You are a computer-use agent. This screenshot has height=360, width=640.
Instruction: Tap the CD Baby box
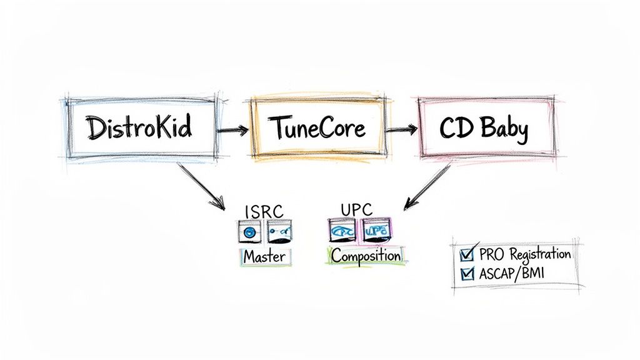(x=484, y=129)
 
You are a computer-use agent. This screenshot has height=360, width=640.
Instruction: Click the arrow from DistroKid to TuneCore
(x=232, y=131)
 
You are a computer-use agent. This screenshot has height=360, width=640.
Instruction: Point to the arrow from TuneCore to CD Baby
(x=401, y=130)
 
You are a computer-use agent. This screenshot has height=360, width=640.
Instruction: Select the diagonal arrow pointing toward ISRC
(x=201, y=186)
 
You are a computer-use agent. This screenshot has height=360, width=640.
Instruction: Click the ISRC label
(x=264, y=211)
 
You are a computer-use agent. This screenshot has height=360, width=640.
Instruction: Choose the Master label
(x=264, y=256)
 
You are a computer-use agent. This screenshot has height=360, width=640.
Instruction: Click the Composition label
(x=366, y=255)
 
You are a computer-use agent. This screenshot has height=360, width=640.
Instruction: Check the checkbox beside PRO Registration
(x=467, y=254)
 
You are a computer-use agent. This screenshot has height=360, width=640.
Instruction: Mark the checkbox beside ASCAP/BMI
(x=467, y=272)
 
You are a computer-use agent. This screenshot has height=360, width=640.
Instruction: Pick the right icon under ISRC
(x=278, y=232)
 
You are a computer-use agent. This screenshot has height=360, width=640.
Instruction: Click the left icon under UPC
(x=342, y=231)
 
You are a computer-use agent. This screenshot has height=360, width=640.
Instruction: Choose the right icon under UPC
(x=376, y=230)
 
